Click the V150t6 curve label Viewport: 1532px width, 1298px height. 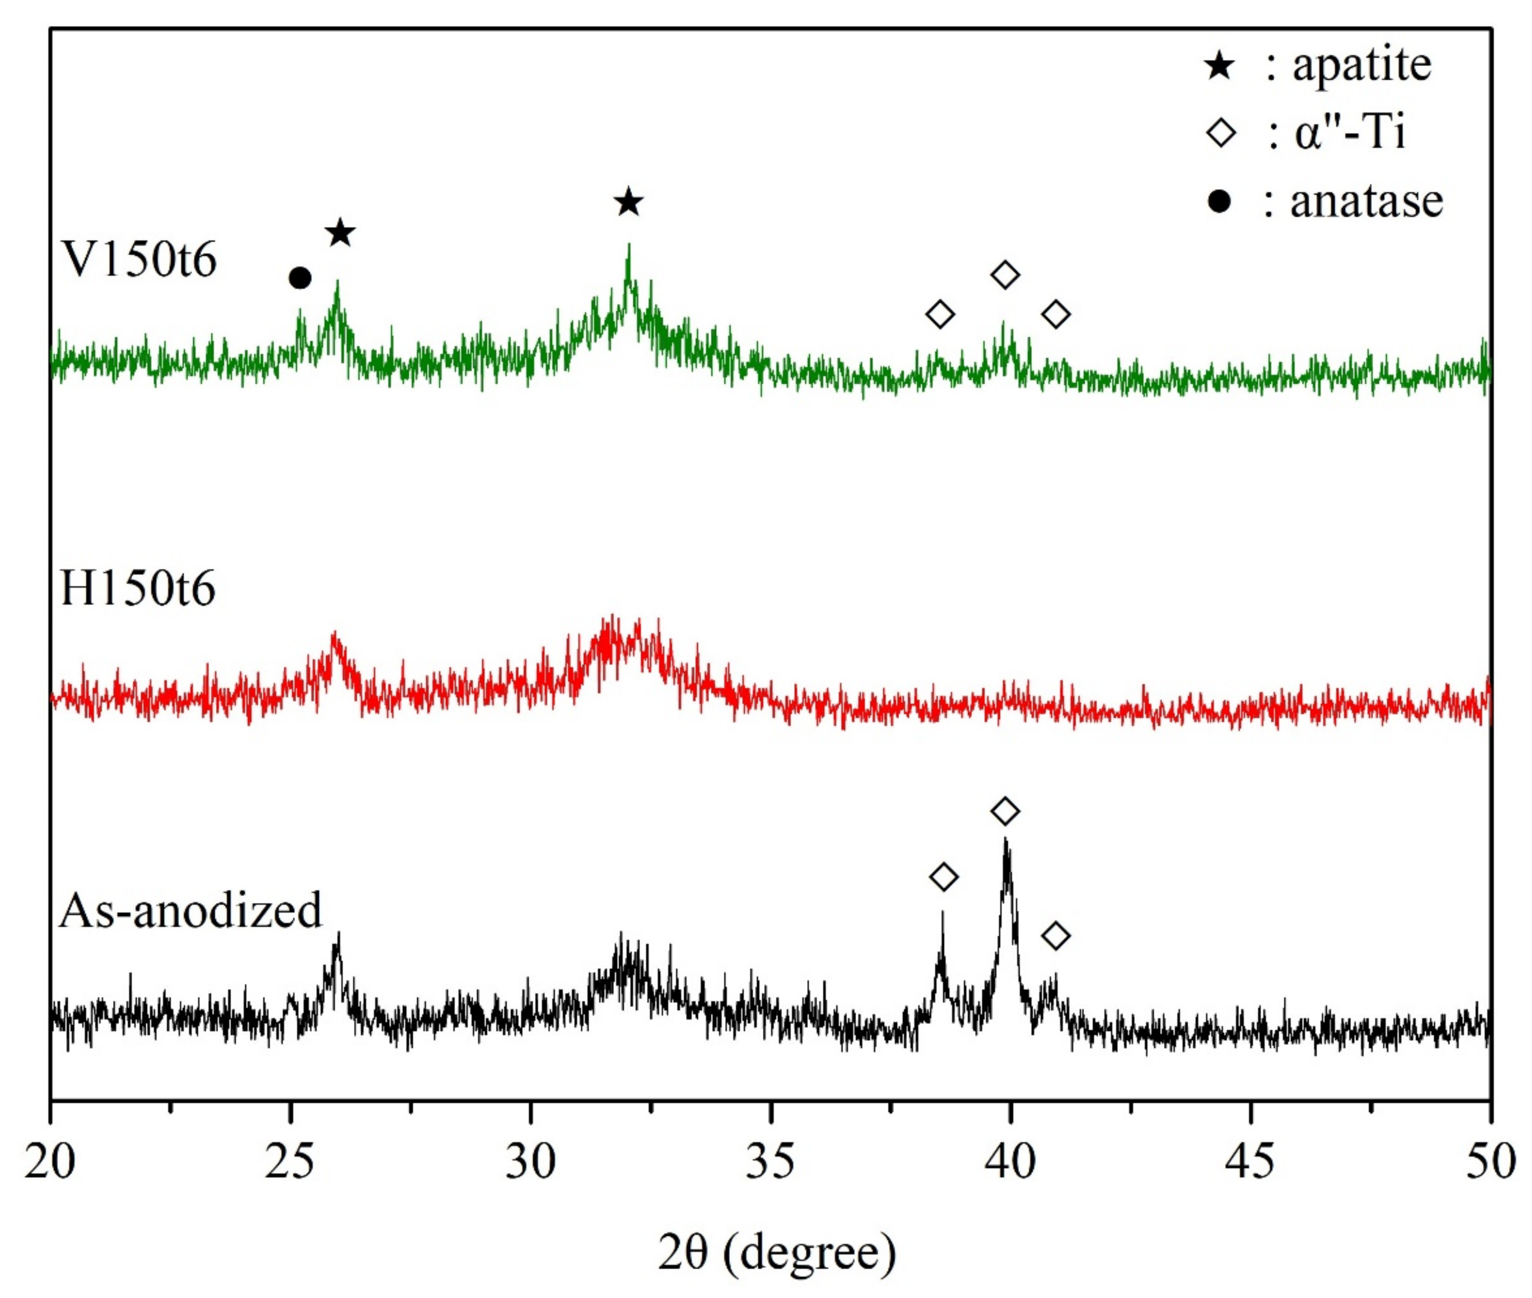139,260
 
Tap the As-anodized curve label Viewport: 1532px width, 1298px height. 190,910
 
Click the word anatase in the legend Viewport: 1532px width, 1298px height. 1366,201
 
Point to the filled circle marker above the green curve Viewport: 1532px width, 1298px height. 299,278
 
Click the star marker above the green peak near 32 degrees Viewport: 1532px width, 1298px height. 628,203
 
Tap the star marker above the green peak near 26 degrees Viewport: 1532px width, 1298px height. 340,233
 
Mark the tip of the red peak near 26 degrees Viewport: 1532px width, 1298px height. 335,633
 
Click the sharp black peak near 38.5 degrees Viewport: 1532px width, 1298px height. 942,913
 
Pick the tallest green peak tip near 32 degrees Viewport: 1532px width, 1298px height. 629,245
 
